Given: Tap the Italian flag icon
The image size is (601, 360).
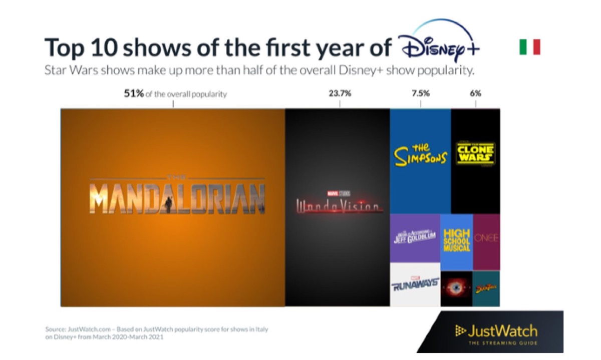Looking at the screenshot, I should (x=529, y=47).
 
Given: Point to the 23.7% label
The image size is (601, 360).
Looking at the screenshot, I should (x=340, y=94).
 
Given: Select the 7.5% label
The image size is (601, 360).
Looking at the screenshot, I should (x=420, y=94).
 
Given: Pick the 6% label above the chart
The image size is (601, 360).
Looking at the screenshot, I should (x=475, y=94).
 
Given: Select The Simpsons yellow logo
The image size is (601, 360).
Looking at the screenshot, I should (x=420, y=155).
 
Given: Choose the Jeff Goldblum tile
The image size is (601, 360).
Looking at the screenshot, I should (x=415, y=238).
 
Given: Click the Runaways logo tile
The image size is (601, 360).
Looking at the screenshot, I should (x=415, y=284).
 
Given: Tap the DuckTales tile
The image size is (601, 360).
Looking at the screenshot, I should (x=486, y=288).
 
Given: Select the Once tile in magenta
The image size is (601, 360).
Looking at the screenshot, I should (x=486, y=238).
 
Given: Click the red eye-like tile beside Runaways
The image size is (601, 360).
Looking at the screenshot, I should (x=456, y=288).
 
